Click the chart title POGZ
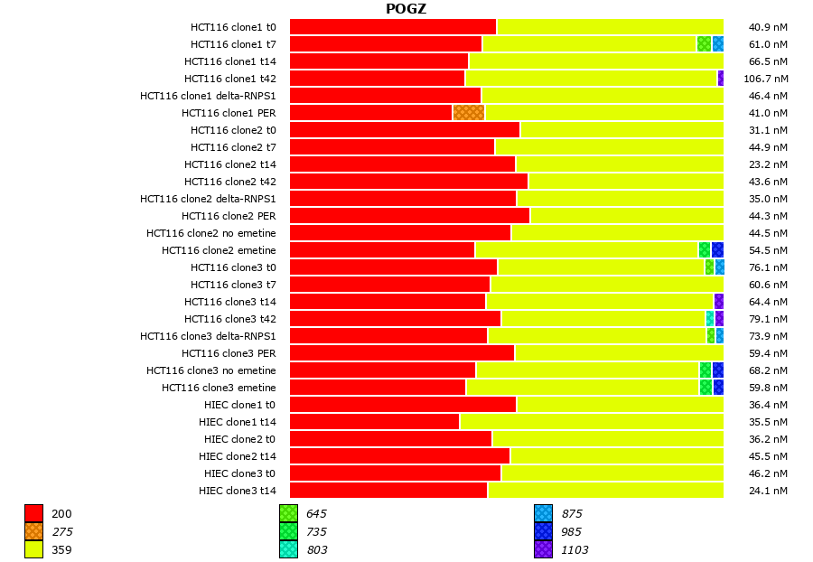coord(406,9)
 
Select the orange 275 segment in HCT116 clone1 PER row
coord(468,113)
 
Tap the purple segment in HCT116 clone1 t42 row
coord(720,79)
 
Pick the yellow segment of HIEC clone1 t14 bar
coord(591,422)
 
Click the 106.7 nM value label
coord(765,79)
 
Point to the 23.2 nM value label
coord(768,164)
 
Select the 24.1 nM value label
coord(768,491)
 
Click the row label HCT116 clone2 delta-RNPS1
coord(208,199)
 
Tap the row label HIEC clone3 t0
coord(239,473)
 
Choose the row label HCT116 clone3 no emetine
coord(211,370)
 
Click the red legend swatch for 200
coord(33,513)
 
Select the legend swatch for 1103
coord(543,549)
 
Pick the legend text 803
coord(316,549)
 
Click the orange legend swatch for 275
coord(33,531)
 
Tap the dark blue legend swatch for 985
coord(543,531)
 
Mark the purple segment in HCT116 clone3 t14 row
coord(718,302)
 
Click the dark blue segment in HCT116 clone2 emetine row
coord(717,250)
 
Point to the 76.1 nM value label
coord(768,267)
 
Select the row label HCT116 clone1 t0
coord(233,27)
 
